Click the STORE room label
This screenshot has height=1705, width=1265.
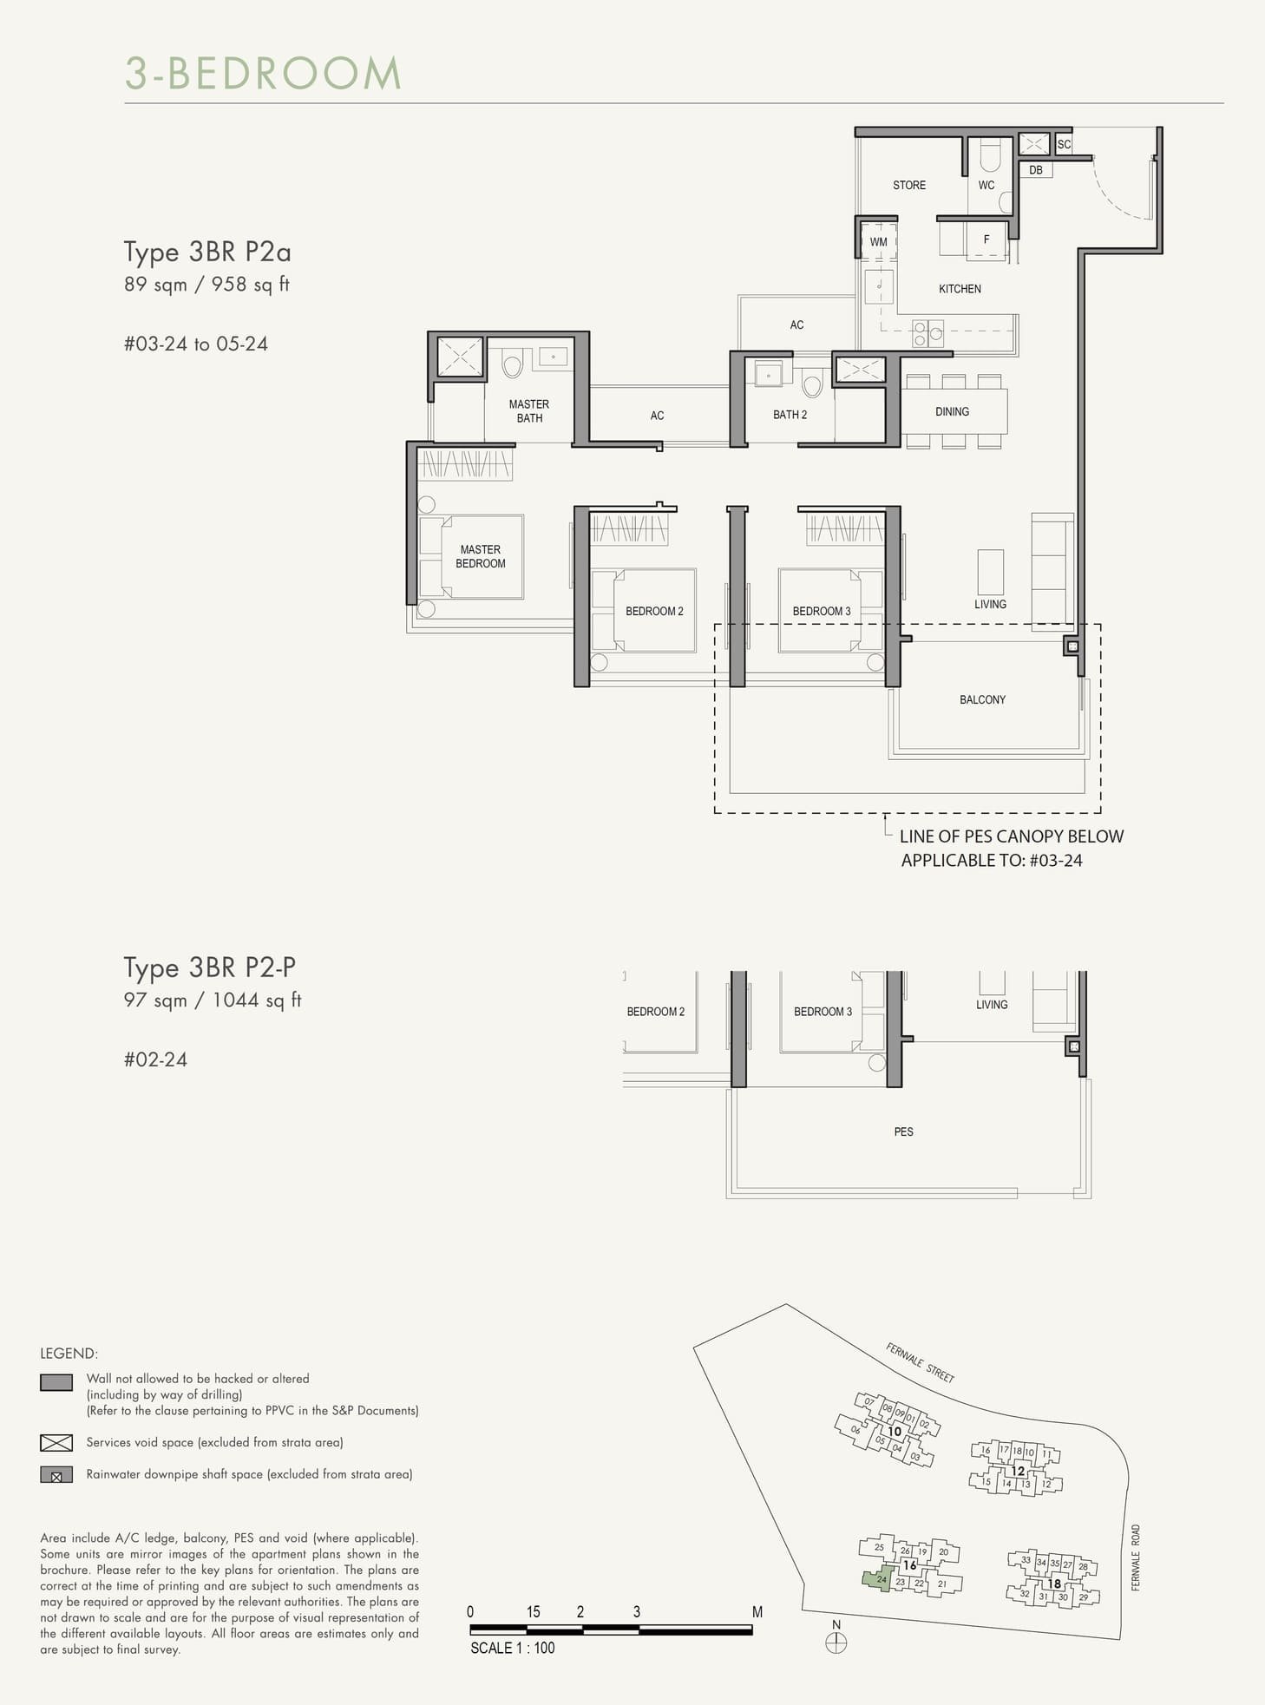click(908, 185)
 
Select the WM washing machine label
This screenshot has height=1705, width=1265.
click(878, 242)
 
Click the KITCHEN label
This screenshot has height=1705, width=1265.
click(960, 289)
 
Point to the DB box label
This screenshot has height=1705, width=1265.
click(1035, 170)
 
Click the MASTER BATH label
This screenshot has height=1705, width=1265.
click(528, 410)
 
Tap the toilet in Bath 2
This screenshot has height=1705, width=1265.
click(812, 383)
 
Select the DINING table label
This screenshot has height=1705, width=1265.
click(952, 411)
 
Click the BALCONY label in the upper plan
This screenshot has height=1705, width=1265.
click(982, 699)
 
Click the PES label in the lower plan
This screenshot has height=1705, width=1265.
click(903, 1131)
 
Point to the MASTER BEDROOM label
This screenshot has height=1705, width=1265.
click(480, 556)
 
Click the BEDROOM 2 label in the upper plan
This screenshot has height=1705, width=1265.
click(654, 611)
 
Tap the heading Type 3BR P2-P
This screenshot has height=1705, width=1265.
click(209, 967)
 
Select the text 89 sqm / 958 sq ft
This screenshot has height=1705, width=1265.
click(206, 284)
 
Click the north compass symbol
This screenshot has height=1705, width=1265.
click(836, 1643)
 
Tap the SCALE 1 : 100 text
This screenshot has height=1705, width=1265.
click(512, 1648)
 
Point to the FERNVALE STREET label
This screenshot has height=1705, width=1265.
click(920, 1362)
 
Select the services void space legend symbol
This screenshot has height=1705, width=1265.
click(56, 1442)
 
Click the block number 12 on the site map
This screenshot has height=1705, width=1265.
click(1018, 1471)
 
